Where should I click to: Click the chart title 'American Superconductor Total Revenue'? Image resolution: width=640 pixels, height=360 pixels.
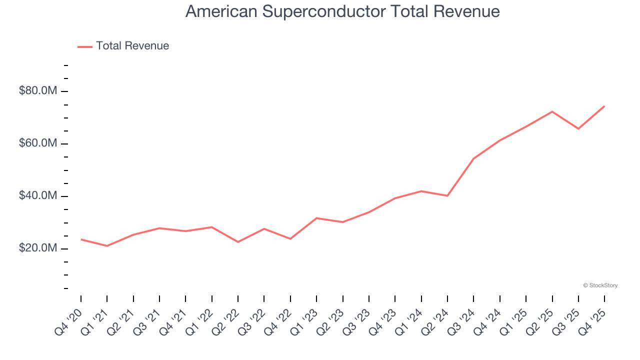point(342,11)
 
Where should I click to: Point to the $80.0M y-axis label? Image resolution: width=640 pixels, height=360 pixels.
point(38,91)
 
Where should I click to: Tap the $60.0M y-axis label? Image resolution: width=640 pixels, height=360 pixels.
point(38,143)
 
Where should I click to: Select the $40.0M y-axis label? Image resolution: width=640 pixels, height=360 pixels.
point(38,196)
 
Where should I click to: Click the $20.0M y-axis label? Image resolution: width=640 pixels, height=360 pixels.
point(38,248)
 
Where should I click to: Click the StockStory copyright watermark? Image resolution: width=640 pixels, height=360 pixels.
point(600,285)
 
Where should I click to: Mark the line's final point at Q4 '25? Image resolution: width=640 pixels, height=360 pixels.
point(604,106)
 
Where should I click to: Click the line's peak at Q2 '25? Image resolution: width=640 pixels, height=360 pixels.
point(552,111)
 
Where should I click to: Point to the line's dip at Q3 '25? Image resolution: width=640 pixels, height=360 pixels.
point(578,128)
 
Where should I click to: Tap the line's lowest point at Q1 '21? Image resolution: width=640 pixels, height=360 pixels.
point(107,246)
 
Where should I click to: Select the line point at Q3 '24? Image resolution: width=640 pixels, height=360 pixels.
point(473,158)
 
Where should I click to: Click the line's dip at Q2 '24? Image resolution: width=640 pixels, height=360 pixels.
point(447,195)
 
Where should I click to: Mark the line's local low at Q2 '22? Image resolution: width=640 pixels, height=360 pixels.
point(238,242)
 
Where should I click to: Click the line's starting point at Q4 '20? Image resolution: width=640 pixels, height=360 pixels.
point(81,239)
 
